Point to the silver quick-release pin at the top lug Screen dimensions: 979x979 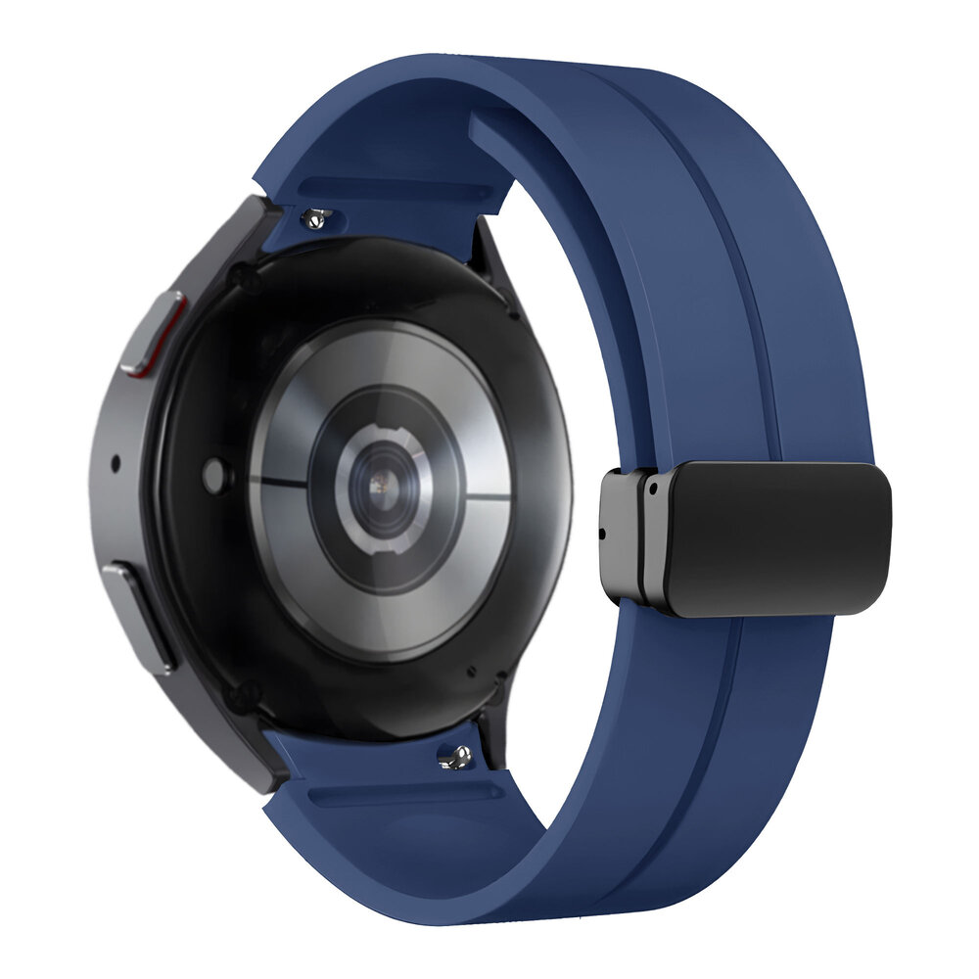click(316, 217)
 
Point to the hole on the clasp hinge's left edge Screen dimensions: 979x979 click(601, 533)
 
